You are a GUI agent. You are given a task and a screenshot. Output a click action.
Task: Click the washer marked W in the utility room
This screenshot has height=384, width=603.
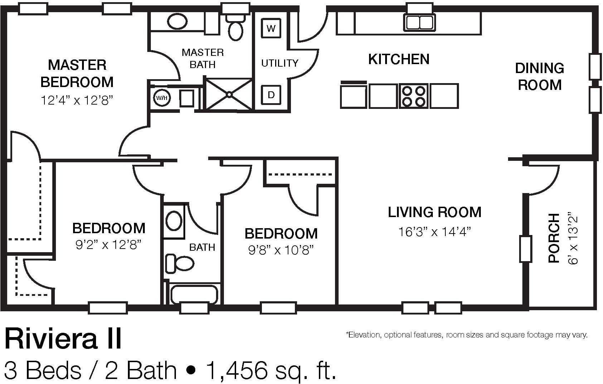(271, 28)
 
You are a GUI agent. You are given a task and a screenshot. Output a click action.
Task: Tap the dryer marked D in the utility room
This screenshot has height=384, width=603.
(271, 95)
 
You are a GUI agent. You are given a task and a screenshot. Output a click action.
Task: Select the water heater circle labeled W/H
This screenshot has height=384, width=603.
(162, 98)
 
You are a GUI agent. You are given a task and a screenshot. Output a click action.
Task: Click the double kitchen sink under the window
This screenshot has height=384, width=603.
(420, 22)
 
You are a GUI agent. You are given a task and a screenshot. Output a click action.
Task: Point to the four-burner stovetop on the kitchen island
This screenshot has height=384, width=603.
(413, 96)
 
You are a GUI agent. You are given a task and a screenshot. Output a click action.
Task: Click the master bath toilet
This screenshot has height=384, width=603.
(235, 27)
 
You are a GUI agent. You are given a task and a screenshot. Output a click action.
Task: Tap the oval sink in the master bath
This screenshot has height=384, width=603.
(177, 21)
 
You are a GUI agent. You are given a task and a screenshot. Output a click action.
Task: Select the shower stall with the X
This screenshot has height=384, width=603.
(229, 94)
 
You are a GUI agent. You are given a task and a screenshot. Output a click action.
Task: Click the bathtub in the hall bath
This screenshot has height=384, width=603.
(194, 294)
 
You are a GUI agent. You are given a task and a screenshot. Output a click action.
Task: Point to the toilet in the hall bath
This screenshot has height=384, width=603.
(180, 263)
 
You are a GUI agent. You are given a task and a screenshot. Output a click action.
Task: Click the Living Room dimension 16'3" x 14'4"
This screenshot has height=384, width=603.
(435, 232)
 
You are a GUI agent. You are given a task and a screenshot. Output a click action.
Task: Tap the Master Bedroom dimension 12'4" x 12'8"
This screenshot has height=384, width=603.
(77, 100)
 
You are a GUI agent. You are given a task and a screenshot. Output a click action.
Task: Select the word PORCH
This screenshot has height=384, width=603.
(554, 238)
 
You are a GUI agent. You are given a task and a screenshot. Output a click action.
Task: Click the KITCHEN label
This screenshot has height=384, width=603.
(399, 59)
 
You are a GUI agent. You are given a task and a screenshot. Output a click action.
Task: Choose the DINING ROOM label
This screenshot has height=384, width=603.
(540, 77)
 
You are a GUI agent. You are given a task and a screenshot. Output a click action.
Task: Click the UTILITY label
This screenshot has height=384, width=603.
(280, 63)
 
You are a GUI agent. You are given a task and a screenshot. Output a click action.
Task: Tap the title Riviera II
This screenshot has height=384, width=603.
(63, 339)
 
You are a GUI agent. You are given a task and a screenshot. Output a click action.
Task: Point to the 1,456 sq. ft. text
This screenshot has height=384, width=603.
(271, 371)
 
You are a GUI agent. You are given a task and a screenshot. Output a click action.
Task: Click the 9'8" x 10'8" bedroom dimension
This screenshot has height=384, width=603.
(281, 250)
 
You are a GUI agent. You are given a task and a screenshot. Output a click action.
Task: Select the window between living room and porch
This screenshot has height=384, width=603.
(526, 249)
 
